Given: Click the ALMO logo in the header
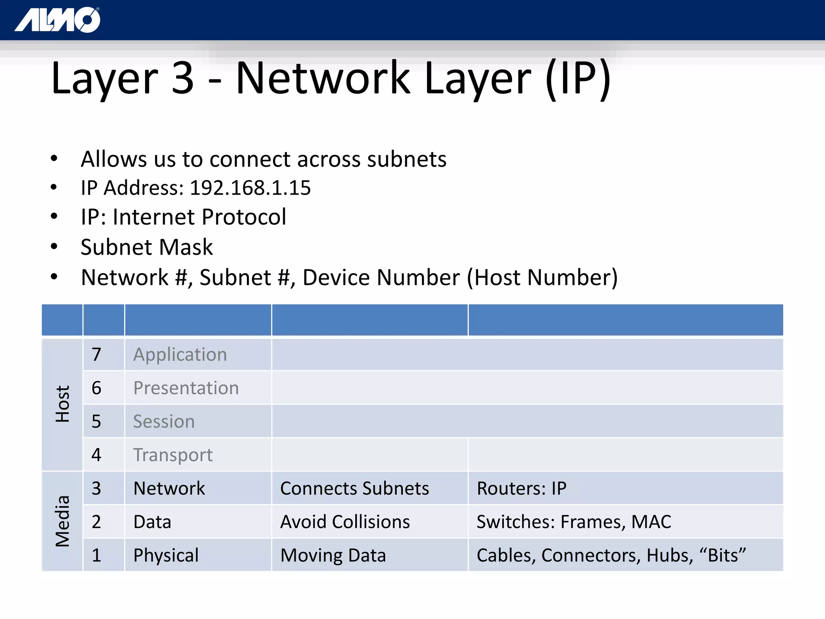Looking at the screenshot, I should (58, 20).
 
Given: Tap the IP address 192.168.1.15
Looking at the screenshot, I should (250, 188).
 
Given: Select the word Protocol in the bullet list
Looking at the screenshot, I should (244, 217).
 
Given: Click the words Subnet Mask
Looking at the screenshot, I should (147, 247).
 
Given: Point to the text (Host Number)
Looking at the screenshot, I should (542, 278).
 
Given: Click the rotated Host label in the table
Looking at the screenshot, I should (62, 404).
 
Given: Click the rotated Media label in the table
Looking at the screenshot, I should (62, 521).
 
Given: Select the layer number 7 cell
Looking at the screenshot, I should (96, 355).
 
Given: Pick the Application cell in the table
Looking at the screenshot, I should (180, 355).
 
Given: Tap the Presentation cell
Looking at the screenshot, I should (186, 388).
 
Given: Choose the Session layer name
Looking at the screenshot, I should (164, 422).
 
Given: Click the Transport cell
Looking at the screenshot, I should (173, 455).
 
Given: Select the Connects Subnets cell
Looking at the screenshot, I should (354, 488).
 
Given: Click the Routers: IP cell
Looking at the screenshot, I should (522, 488).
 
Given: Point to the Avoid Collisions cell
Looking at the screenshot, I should (345, 522).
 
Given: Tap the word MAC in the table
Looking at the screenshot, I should (651, 522).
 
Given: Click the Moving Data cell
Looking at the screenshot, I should (333, 555).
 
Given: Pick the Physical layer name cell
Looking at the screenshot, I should (166, 555).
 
